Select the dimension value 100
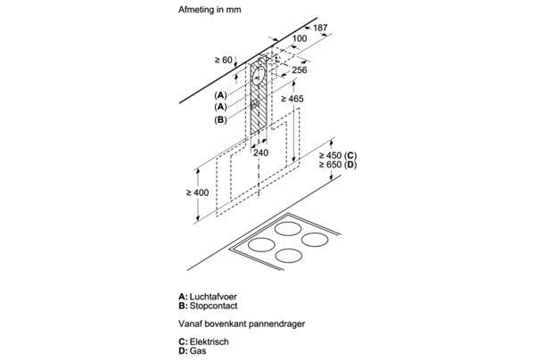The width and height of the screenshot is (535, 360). click(x=299, y=39)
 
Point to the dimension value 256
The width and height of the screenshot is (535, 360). click(x=300, y=70)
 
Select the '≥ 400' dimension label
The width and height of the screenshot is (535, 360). click(x=198, y=192)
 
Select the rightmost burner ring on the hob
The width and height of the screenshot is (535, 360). click(x=312, y=240)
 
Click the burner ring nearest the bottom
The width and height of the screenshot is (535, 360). click(x=288, y=256)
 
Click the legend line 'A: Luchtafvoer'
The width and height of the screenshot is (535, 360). click(x=210, y=295)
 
